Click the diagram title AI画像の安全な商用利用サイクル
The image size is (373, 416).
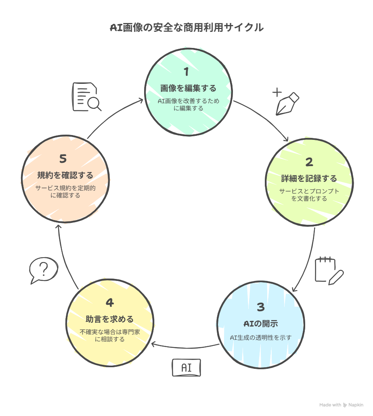[x=187, y=27]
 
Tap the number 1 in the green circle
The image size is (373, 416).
[x=186, y=72]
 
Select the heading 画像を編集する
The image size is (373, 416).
[x=189, y=88]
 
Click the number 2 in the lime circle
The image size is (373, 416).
[x=309, y=162]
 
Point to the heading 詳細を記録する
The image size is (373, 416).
[x=309, y=178]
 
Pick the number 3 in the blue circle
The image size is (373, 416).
[x=261, y=307]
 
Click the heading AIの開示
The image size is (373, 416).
[x=261, y=324]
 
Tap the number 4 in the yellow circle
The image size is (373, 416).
[x=110, y=302]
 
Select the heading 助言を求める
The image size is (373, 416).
[x=109, y=319]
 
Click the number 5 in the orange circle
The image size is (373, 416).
[x=63, y=159]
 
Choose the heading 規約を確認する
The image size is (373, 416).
[x=65, y=175]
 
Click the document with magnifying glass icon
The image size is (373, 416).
[x=87, y=97]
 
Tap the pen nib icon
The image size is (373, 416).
[x=287, y=104]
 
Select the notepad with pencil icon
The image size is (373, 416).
[x=329, y=270]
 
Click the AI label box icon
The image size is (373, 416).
[x=186, y=368]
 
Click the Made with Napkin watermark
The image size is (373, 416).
[x=341, y=405]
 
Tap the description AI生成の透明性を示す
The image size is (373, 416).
[x=261, y=337]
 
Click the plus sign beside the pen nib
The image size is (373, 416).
[x=277, y=92]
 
